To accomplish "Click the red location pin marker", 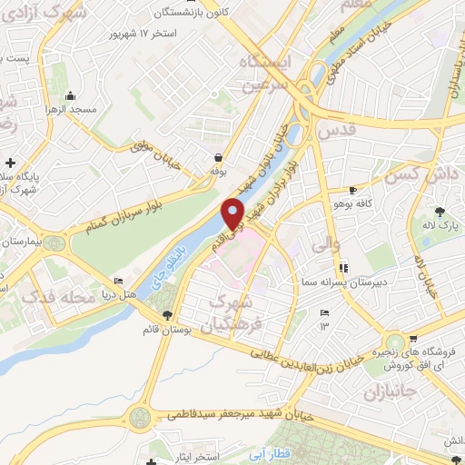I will pyautogui.click(x=234, y=213).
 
